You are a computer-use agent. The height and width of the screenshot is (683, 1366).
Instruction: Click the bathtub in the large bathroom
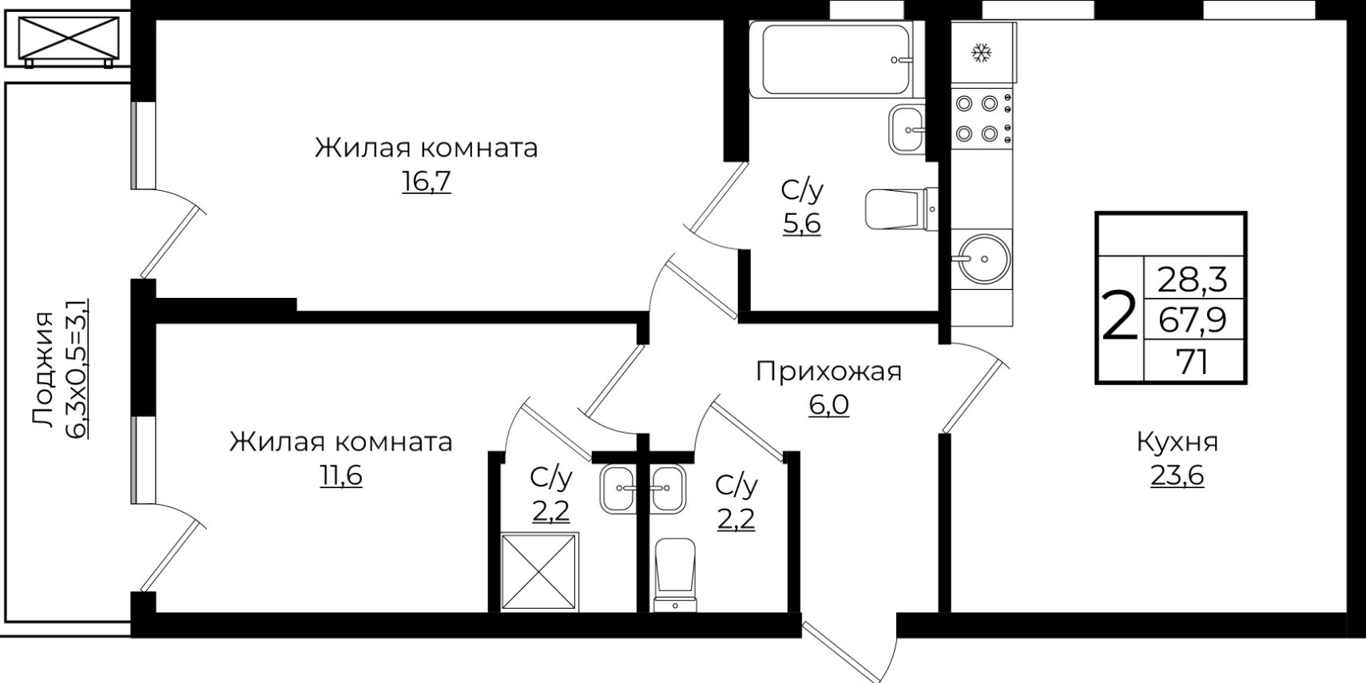(836, 60)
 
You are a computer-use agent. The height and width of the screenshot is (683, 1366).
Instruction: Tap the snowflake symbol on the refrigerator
(981, 54)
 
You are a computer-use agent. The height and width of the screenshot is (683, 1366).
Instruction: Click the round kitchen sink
(983, 258)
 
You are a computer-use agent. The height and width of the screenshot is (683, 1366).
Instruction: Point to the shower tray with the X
(538, 573)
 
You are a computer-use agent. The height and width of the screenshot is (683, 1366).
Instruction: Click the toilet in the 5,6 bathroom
(899, 208)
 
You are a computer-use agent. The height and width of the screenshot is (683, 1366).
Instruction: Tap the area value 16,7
(427, 182)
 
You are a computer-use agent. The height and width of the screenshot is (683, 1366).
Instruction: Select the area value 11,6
(341, 476)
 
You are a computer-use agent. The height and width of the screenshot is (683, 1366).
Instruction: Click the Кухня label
(1177, 442)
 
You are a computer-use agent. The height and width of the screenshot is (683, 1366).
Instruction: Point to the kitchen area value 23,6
(1177, 476)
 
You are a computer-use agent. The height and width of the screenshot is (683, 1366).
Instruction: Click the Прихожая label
(828, 371)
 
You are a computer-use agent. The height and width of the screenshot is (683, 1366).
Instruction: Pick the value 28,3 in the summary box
(1192, 280)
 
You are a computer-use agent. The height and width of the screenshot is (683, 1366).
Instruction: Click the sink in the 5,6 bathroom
(907, 128)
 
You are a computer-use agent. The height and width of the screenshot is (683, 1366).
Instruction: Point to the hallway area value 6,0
(828, 406)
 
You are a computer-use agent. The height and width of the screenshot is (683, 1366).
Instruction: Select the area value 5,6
(801, 224)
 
